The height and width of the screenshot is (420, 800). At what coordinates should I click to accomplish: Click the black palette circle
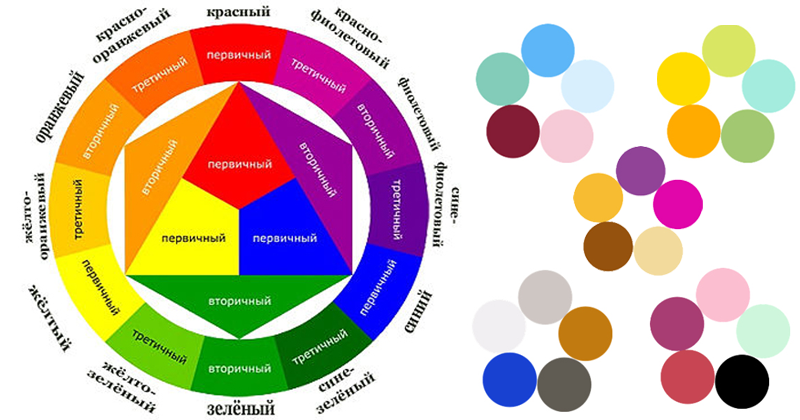coord(742,381)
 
